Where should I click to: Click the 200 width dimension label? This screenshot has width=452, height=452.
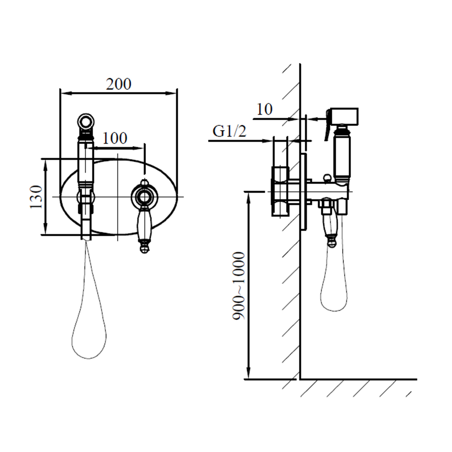coord(119,84)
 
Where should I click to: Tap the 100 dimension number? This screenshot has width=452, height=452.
coord(115,138)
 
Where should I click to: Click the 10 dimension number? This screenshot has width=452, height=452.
coord(265,109)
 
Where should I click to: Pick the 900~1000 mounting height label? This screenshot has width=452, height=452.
coord(239,286)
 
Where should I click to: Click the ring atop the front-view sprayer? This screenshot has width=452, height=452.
coord(86,122)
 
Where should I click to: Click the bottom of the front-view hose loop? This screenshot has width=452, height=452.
coord(89,358)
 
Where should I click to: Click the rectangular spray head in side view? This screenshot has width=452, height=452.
coord(344,116)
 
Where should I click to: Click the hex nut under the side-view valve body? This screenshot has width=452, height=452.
coord(326,207)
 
